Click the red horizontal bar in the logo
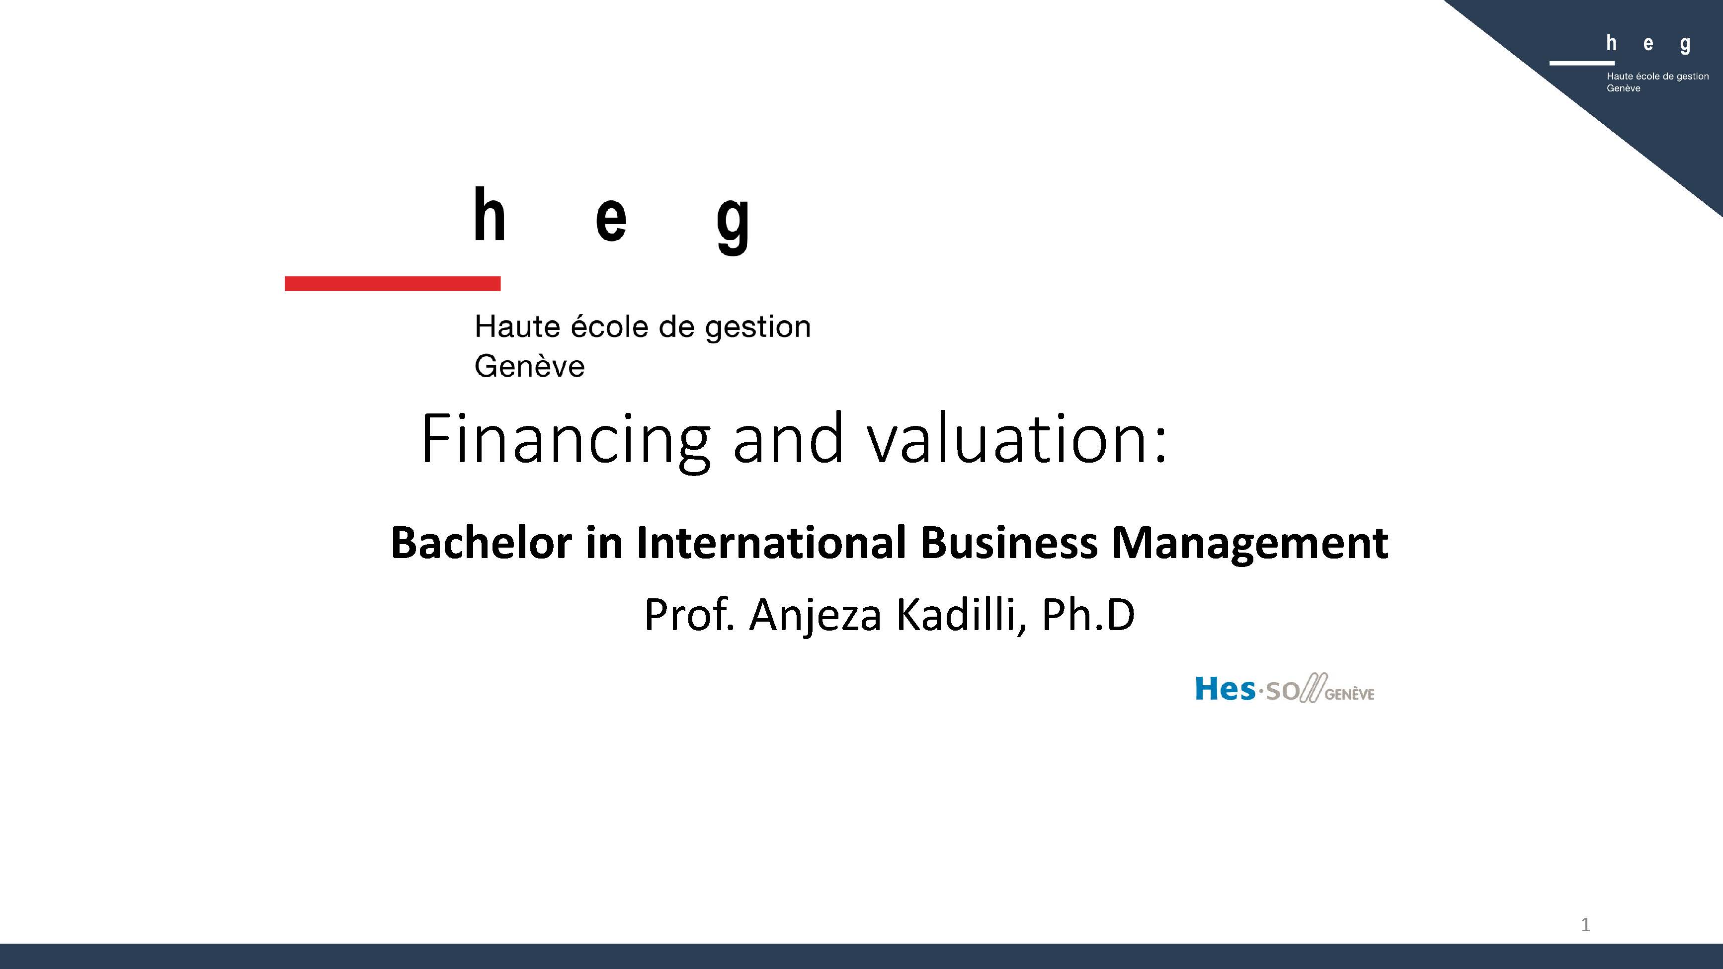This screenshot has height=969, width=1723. (393, 284)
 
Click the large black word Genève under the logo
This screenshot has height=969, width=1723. (530, 366)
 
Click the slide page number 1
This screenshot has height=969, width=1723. (1585, 925)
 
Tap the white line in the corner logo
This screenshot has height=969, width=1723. (1582, 63)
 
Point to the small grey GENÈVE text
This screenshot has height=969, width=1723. (1350, 694)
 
